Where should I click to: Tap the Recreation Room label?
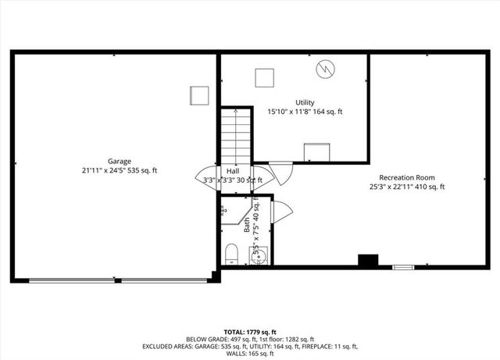407,177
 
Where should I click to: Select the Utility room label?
304,102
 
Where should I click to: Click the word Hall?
233,170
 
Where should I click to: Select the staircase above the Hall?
234,136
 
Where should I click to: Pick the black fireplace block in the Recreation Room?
367,261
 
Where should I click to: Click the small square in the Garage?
199,94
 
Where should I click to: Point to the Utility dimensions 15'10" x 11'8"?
290,112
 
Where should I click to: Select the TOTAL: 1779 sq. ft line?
250,332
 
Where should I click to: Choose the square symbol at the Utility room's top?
265,77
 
